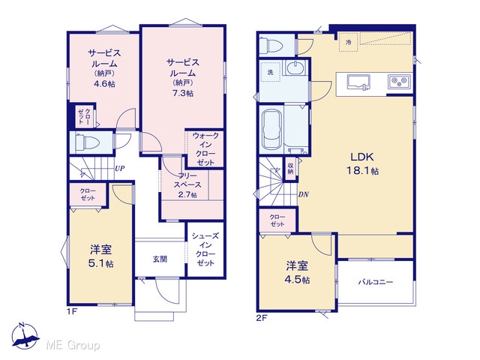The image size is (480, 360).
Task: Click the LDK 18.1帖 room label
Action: click(x=362, y=163)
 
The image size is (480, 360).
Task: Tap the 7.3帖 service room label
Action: click(x=183, y=78)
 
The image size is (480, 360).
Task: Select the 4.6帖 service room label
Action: click(x=104, y=68)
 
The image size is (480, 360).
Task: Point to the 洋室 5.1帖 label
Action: click(x=101, y=256)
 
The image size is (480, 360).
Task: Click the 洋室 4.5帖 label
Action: click(x=298, y=272)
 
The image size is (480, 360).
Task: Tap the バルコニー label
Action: click(x=376, y=282)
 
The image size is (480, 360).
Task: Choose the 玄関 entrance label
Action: click(x=160, y=259)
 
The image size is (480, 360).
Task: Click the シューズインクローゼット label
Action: click(x=205, y=249)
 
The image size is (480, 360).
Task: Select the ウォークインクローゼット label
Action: click(x=205, y=148)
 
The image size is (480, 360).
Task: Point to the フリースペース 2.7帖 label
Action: click(x=187, y=185)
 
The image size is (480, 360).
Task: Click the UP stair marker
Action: click(x=120, y=168)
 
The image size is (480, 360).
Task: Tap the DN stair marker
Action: click(x=303, y=194)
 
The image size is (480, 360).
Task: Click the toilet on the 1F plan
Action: click(x=87, y=142)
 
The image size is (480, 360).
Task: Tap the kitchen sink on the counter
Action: click(x=358, y=83)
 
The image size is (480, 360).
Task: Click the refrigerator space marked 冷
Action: click(x=348, y=42)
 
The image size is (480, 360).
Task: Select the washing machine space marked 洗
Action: click(x=270, y=72)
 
